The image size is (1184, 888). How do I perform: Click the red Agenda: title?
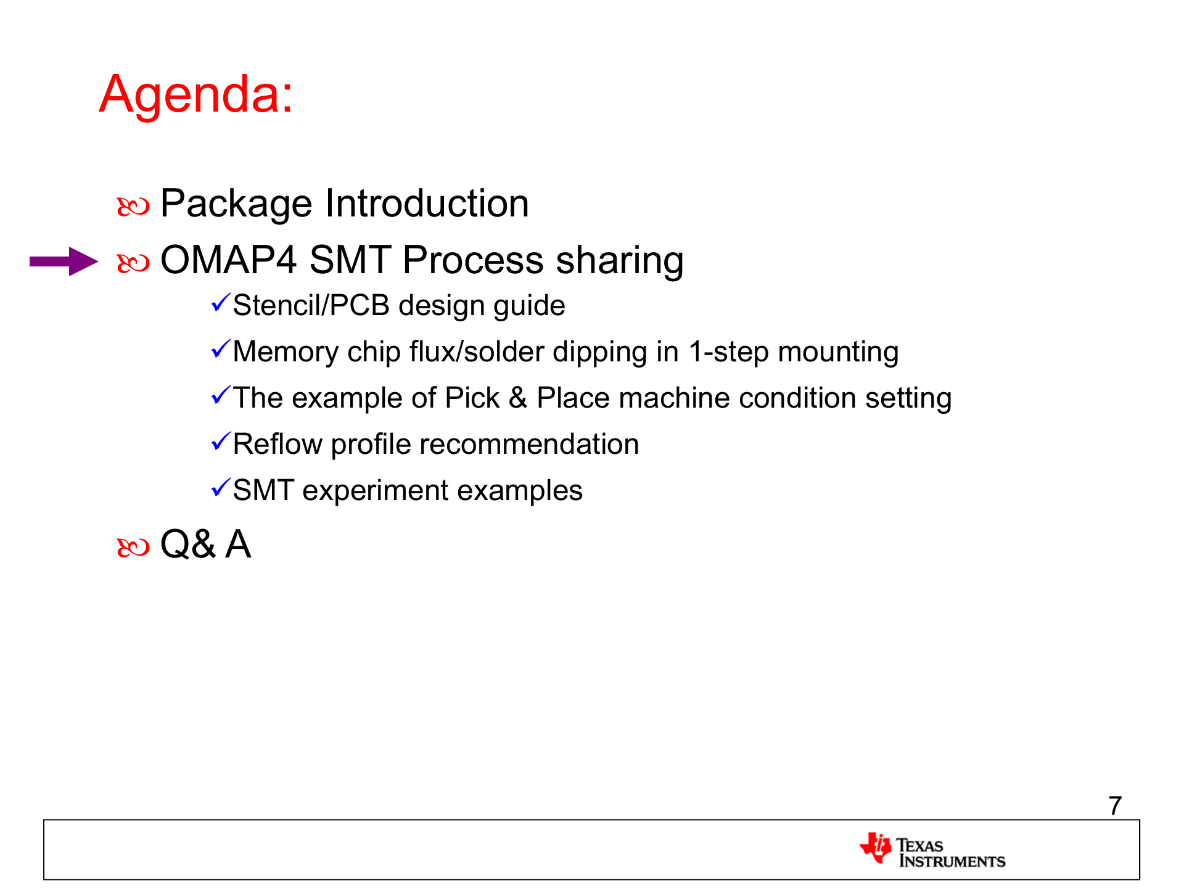[196, 95]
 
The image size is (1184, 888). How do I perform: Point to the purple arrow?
[64, 261]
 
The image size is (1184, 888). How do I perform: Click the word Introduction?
[427, 203]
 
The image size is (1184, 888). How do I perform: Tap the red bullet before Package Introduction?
[133, 207]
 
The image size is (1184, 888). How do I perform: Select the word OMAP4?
[229, 260]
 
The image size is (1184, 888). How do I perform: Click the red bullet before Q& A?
[133, 547]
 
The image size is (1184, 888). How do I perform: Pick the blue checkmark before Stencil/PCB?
[221, 303]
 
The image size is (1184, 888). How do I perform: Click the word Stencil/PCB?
[311, 306]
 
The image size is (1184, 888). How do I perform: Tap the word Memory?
[286, 352]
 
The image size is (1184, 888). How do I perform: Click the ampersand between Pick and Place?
[518, 398]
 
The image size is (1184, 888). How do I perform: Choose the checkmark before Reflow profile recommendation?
[221, 442]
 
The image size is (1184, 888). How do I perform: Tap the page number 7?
[1115, 806]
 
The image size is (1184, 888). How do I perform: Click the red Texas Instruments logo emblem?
[876, 848]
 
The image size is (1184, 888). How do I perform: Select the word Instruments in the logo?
[952, 861]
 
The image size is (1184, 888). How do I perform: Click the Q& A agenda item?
[205, 545]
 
